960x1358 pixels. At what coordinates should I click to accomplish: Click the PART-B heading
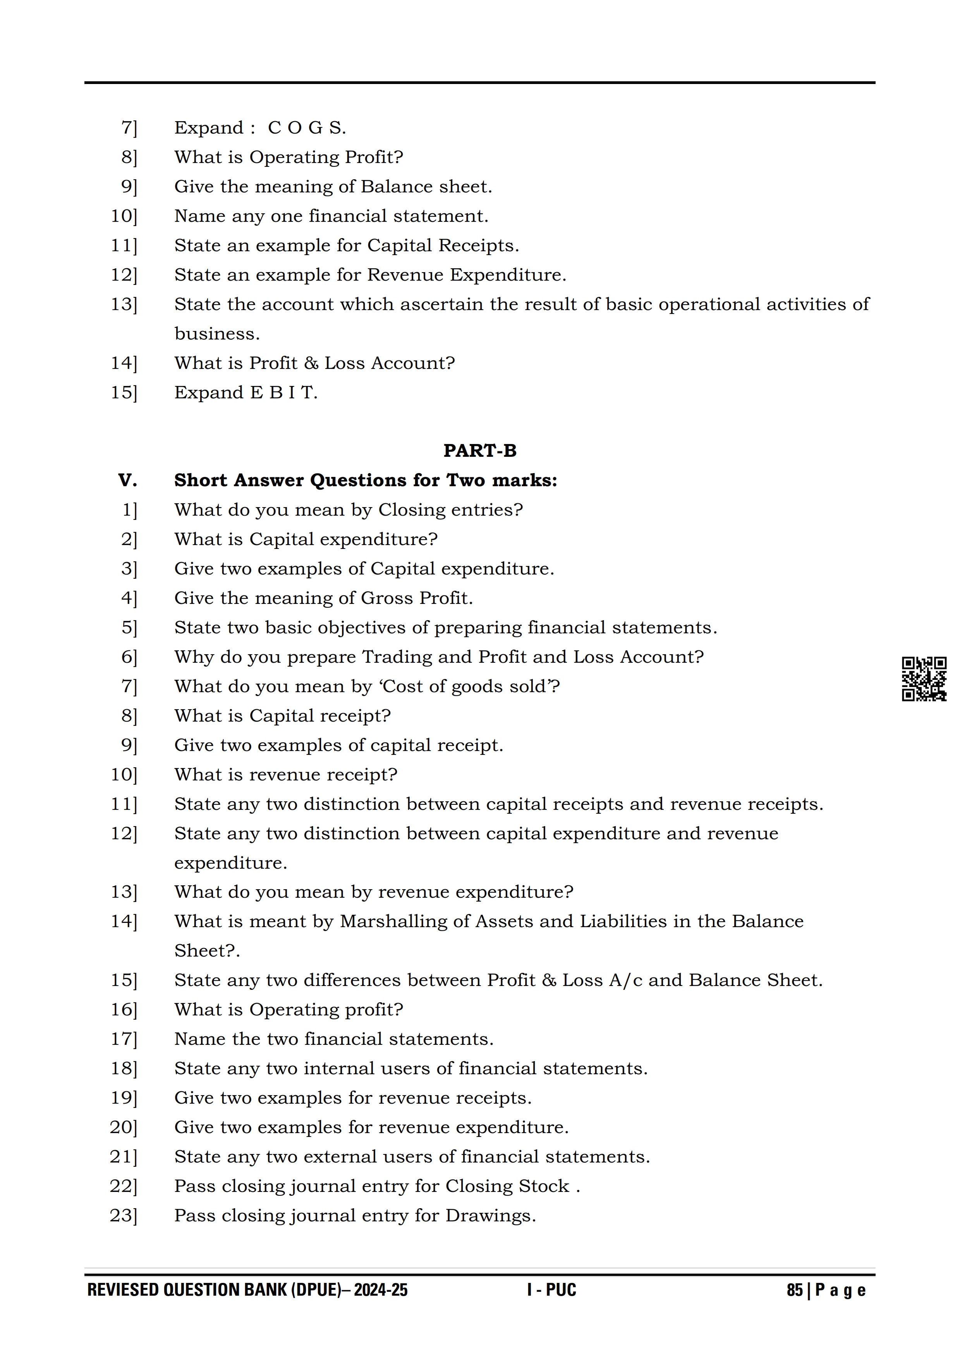coord(480,451)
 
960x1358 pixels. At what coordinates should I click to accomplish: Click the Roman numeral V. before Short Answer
coord(127,480)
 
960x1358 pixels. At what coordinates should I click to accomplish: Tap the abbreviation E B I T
coord(284,393)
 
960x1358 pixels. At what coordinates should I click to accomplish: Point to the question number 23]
coord(123,1216)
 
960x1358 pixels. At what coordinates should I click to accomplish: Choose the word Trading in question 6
coord(396,657)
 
